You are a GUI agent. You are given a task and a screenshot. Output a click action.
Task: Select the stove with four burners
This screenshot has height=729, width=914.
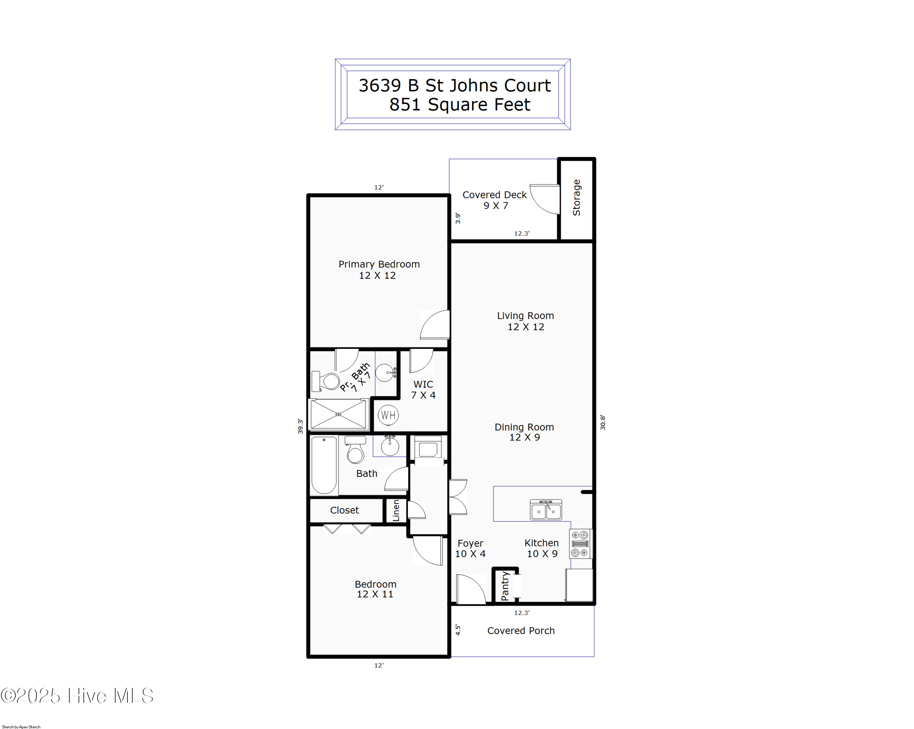pyautogui.click(x=580, y=543)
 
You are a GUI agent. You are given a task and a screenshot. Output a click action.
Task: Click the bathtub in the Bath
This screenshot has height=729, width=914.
pyautogui.click(x=324, y=465)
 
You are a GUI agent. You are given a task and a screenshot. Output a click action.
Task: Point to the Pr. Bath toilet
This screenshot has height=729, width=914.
pyautogui.click(x=326, y=381)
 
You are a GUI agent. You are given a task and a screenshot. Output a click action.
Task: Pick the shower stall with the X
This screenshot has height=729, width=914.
pyautogui.click(x=338, y=414)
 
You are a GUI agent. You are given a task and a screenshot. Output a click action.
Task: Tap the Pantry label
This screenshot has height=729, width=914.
pyautogui.click(x=505, y=586)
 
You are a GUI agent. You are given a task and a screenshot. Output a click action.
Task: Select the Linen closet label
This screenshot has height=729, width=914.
pyautogui.click(x=395, y=510)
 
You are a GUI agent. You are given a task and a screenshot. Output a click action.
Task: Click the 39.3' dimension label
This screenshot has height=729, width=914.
pyautogui.click(x=300, y=426)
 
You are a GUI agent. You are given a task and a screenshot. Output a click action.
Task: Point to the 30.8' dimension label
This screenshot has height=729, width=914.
pyautogui.click(x=602, y=423)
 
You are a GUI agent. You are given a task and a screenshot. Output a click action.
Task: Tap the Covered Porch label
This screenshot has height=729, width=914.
pyautogui.click(x=521, y=631)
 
